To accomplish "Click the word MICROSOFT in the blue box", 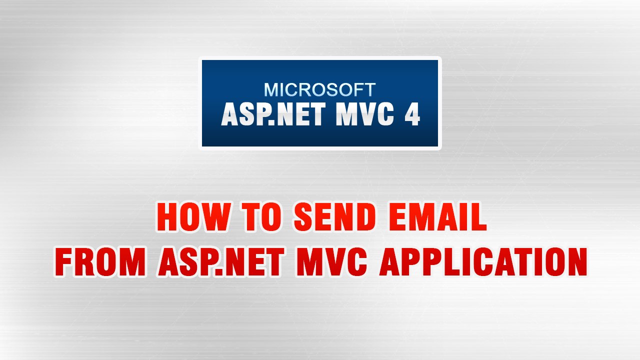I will [319, 90].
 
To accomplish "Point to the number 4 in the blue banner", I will [411, 115].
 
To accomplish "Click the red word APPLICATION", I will [483, 262].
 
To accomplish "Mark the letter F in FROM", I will [63, 262].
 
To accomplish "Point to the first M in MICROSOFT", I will [271, 90].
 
